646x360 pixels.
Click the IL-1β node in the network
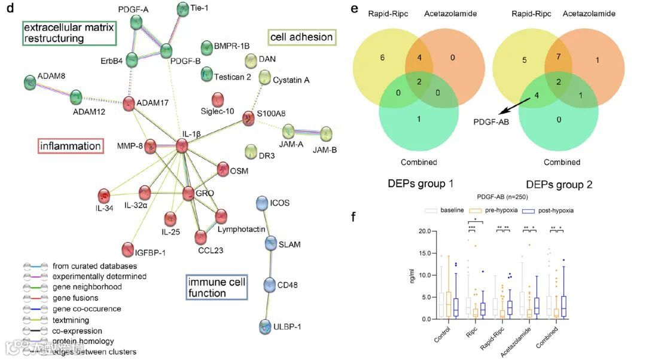pyautogui.click(x=182, y=145)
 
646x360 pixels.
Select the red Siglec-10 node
pyautogui.click(x=220, y=99)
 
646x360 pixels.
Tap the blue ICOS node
pyautogui.click(x=261, y=203)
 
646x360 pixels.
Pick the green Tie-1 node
pyautogui.click(x=183, y=9)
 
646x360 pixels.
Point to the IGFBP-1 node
pyautogui.click(x=128, y=248)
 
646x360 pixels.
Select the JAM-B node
pyautogui.click(x=326, y=133)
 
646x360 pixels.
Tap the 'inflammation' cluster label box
pyautogui.click(x=71, y=145)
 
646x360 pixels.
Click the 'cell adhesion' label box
pyautogui.click(x=301, y=37)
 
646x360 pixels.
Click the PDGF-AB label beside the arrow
pyautogui.click(x=490, y=123)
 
